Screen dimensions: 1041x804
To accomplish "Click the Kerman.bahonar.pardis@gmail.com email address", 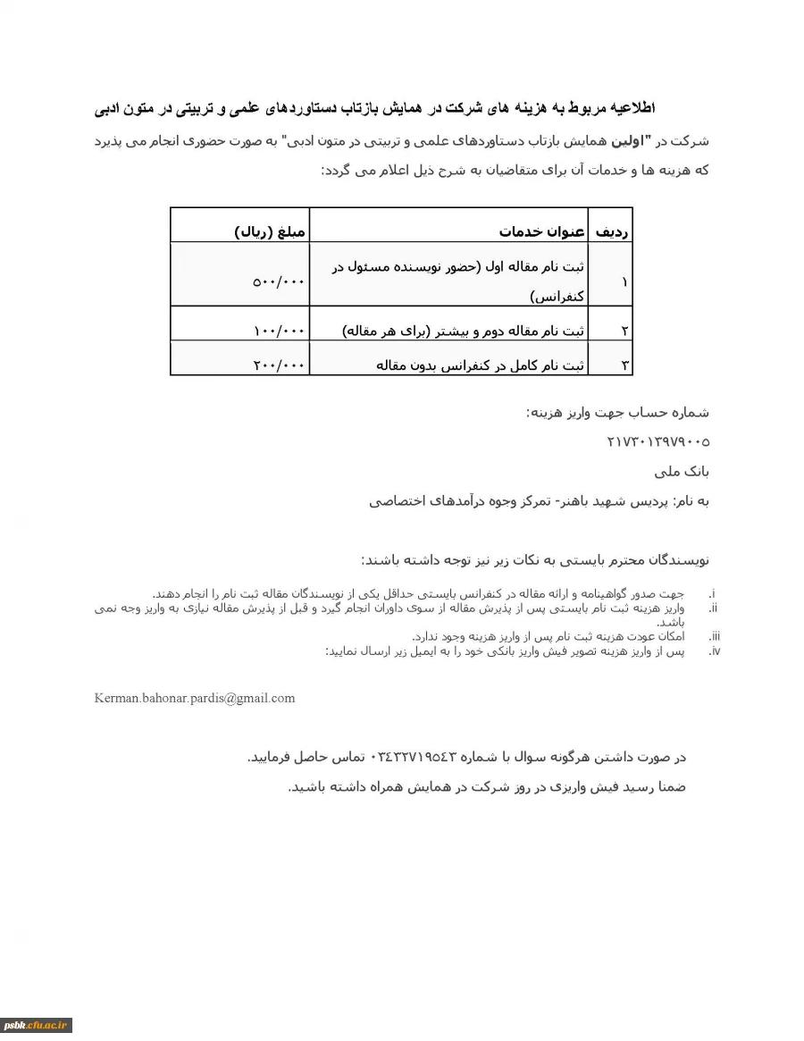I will pyautogui.click(x=195, y=698).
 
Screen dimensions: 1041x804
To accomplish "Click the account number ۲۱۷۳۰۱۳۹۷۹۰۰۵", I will pyautogui.click(x=657, y=441).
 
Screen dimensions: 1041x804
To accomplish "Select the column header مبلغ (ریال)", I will pyautogui.click(x=270, y=232).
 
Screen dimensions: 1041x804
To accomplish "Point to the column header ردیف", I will pyautogui.click(x=613, y=232).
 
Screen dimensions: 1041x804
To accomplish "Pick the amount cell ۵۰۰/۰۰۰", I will pyautogui.click(x=279, y=281).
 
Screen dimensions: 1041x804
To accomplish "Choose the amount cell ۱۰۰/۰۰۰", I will pyautogui.click(x=279, y=332).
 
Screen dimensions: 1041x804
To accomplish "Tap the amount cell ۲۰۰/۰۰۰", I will pyautogui.click(x=279, y=365).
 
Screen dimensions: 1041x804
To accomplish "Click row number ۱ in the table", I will pyautogui.click(x=624, y=281).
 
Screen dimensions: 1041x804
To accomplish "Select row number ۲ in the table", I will pyautogui.click(x=624, y=332).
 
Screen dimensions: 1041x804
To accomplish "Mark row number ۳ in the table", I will pyautogui.click(x=624, y=365).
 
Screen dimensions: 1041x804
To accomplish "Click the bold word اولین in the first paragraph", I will pyautogui.click(x=662, y=141).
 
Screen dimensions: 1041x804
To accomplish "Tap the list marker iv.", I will pyautogui.click(x=714, y=651).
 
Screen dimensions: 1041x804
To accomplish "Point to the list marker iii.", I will pyautogui.click(x=714, y=636).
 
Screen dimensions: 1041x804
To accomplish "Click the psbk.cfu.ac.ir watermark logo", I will pyautogui.click(x=36, y=1025).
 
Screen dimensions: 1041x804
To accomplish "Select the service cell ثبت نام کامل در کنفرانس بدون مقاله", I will pyautogui.click(x=481, y=365).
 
